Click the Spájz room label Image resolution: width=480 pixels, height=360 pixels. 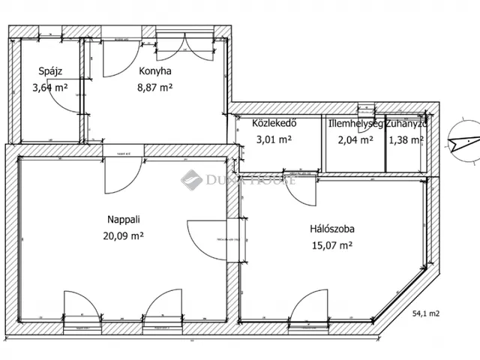pos(49,71)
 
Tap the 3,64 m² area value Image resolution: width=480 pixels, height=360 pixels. pos(50,87)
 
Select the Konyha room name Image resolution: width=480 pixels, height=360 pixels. pos(155,71)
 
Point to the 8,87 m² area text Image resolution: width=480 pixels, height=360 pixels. pos(156,87)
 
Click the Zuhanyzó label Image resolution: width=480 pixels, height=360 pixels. pos(406,124)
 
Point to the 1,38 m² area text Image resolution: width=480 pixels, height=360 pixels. pos(406,139)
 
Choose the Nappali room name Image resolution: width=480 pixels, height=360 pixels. pos(124,220)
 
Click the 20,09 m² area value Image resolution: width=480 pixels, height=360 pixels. pos(124,235)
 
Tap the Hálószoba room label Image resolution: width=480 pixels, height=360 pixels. pos(331,229)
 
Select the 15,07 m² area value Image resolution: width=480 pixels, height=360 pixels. pos(331,244)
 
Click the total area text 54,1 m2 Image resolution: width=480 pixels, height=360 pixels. pos(425,316)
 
